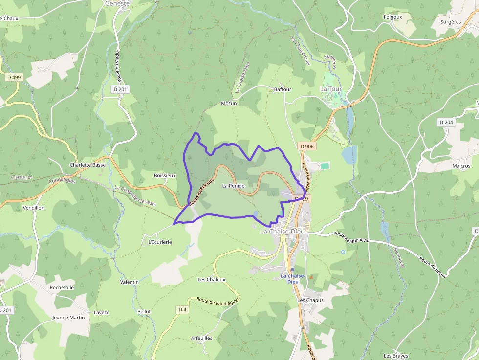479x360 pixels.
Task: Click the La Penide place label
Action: pos(233,186)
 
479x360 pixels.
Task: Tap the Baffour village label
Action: pos(283,89)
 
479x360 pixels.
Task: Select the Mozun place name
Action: pos(229,103)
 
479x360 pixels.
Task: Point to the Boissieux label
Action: pos(164,175)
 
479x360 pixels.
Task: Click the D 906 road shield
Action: pos(306,146)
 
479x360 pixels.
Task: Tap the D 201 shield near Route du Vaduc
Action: pos(120,89)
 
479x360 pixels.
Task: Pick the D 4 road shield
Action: pos(182,309)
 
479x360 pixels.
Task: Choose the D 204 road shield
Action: pos(446,122)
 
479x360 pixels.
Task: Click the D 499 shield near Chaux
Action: pos(14,77)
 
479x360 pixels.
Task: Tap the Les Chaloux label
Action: pos(211,280)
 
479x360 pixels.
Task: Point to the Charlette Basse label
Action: pos(87,165)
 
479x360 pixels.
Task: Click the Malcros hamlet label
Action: pos(461,166)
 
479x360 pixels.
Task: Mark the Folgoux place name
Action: pos(393,17)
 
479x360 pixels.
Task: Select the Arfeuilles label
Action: pos(201,338)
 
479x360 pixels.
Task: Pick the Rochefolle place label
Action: pos(62,287)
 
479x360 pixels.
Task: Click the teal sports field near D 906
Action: pos(325,166)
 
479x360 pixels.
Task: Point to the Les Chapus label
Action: pos(310,300)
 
